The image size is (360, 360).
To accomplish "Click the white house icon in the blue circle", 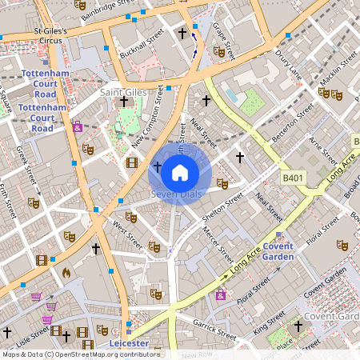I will pos(180,172).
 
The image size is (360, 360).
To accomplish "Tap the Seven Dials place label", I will pos(174,194).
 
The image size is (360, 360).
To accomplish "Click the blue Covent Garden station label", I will pos(278,251).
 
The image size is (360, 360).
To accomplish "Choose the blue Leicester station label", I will pos(129,343).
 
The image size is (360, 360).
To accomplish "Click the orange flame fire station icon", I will pos(66,272).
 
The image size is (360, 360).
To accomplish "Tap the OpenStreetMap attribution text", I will pos(80,354).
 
